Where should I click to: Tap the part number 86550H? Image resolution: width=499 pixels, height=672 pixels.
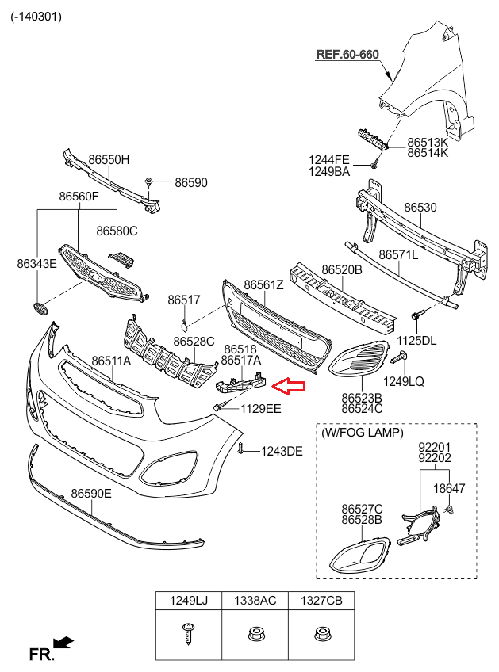[109, 159]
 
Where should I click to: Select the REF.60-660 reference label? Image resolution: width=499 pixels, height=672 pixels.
[347, 55]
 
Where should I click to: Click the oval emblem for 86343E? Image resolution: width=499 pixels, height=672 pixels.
[40, 307]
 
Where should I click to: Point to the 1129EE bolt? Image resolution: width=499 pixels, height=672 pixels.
[219, 407]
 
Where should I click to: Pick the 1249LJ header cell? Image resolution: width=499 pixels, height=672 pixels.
[189, 601]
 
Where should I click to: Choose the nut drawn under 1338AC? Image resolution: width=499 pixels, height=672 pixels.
[255, 633]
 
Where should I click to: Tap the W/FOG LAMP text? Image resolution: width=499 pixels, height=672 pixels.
[362, 433]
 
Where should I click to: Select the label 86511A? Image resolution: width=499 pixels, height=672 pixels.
[111, 361]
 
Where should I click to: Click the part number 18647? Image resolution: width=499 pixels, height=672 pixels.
[449, 488]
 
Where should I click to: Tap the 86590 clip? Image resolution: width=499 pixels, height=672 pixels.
[148, 182]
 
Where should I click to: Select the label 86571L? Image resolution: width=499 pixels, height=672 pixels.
[398, 255]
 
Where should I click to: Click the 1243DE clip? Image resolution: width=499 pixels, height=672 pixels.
[240, 448]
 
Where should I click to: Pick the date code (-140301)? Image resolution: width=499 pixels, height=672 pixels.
[36, 17]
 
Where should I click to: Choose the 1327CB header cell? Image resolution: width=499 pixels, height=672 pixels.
[321, 601]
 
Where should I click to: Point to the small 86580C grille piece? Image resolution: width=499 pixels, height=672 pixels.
[122, 258]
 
